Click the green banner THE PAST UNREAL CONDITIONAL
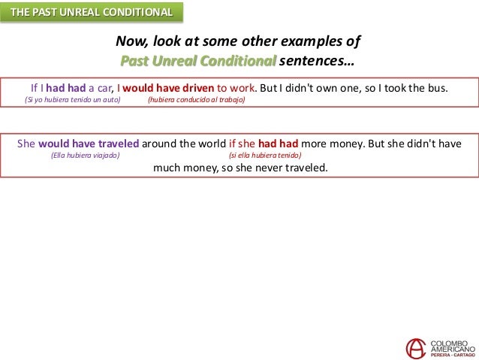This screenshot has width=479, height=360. click(90, 12)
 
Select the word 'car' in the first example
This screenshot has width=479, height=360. click(102, 86)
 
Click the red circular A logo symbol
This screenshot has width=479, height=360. click(416, 347)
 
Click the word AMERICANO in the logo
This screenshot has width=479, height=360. click(452, 349)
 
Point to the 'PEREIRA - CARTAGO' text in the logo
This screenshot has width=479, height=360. click(452, 356)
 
